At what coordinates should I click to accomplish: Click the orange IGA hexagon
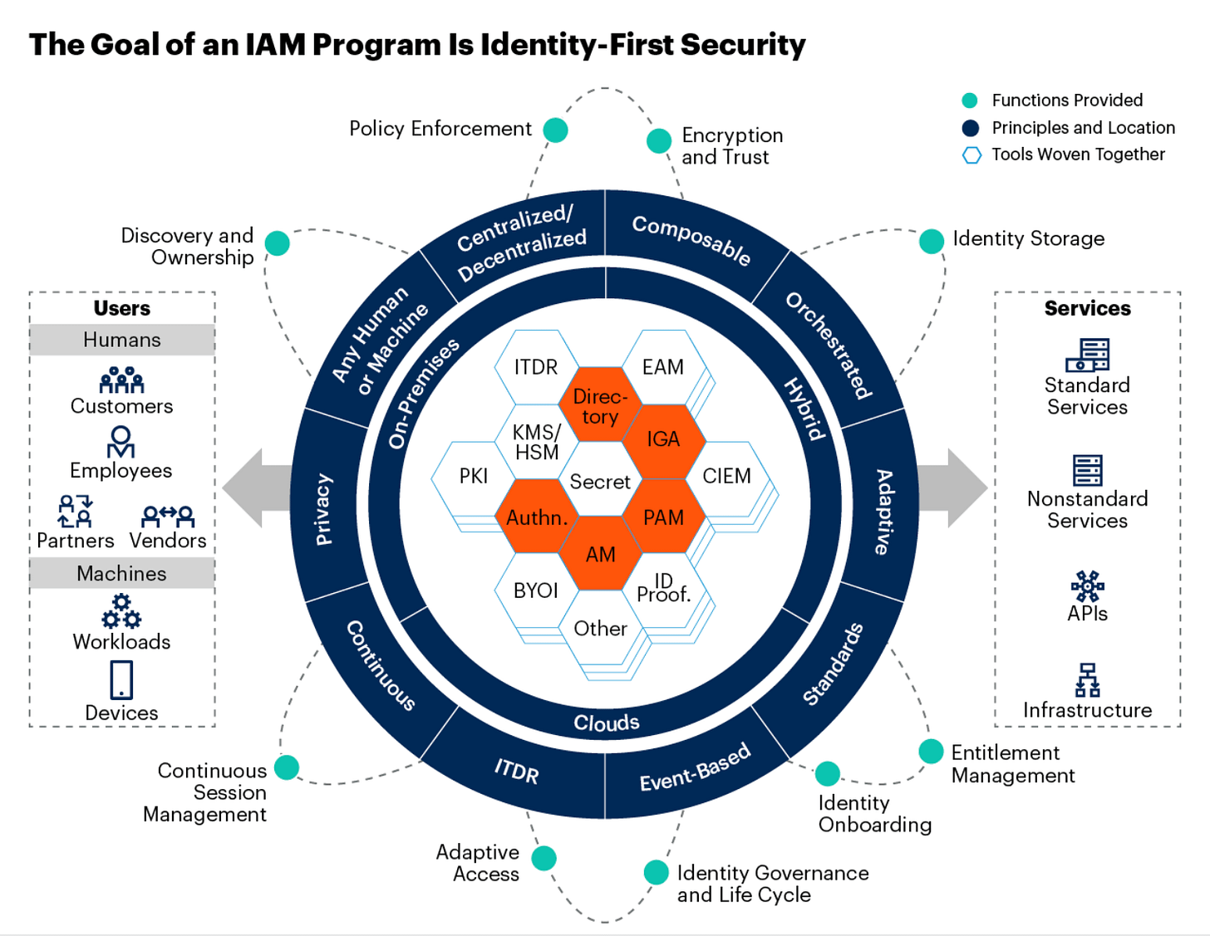(663, 439)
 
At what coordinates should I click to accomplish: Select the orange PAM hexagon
(663, 517)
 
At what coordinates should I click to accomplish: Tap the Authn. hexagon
(537, 517)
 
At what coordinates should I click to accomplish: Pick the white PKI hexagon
(473, 476)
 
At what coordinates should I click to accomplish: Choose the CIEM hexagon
(726, 476)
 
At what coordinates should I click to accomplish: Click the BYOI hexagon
(536, 591)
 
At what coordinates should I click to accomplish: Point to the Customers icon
(121, 380)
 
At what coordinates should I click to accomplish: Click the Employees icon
(121, 442)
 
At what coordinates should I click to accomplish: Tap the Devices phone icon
(121, 679)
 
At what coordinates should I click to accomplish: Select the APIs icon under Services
(1087, 586)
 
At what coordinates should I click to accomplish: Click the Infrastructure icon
(1087, 679)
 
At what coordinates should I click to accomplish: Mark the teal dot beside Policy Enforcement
(555, 130)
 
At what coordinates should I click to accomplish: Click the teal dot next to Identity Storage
(932, 241)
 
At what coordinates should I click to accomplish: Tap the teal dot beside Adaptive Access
(544, 858)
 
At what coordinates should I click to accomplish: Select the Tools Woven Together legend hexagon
(971, 155)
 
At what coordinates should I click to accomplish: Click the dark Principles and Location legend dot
(970, 128)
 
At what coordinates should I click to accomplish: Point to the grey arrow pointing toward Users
(254, 488)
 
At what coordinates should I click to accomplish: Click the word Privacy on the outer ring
(324, 509)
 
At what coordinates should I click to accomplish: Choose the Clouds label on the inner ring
(606, 723)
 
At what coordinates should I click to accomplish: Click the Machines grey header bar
(121, 573)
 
